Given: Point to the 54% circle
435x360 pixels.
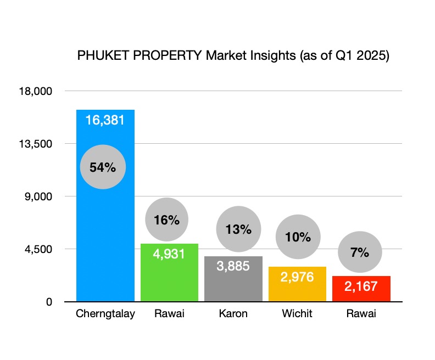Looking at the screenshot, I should click(103, 167).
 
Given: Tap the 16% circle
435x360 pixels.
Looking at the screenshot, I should click(166, 220).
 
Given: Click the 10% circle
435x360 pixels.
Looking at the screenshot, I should click(298, 237).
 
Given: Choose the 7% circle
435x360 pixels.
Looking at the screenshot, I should click(359, 252).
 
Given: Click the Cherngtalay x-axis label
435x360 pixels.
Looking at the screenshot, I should click(105, 314).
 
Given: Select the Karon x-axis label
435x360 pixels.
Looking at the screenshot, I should click(233, 314).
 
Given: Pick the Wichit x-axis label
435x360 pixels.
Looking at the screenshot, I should click(297, 314).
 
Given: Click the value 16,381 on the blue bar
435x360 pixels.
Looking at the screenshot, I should click(105, 120).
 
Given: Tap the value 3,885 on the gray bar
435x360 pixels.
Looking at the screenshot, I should click(233, 266).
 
